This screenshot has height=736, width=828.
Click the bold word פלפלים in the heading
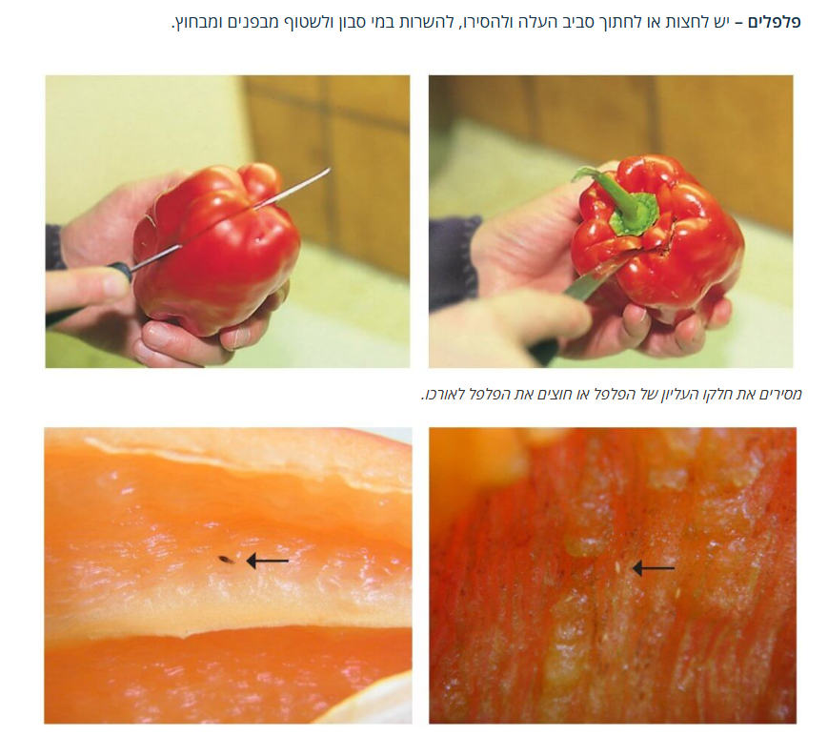click(774, 23)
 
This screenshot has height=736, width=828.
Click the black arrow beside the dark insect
click(267, 561)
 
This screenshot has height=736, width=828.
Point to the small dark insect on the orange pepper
click(226, 560)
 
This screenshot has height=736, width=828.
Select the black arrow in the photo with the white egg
click(654, 568)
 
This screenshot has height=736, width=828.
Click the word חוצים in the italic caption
click(531, 394)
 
